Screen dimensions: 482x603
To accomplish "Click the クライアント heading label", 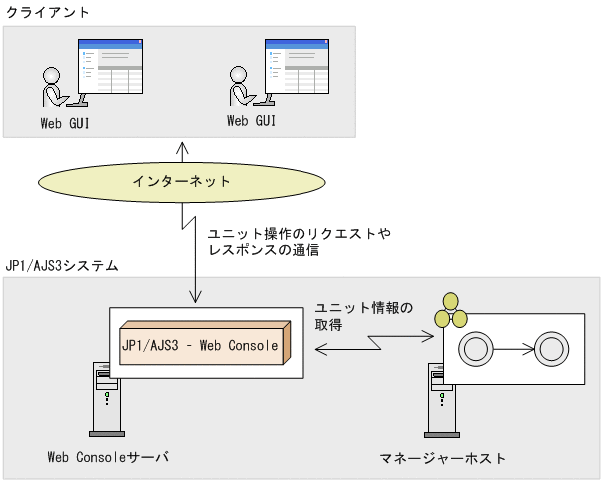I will point(47,13).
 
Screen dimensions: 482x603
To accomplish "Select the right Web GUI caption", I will point(251,121).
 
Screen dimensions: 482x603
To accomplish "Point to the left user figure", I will point(53,88).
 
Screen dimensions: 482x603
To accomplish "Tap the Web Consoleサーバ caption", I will point(108,457).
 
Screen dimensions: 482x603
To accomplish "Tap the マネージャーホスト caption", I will point(442,458).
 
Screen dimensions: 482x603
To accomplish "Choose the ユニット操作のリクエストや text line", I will point(299,233).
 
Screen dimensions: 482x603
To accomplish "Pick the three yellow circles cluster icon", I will point(450,311).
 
